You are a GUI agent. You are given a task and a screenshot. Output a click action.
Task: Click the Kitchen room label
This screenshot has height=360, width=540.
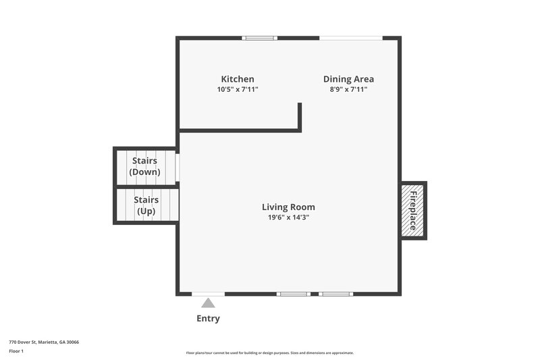(x=238, y=79)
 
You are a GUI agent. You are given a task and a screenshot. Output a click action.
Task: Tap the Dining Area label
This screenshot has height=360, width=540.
(x=348, y=79)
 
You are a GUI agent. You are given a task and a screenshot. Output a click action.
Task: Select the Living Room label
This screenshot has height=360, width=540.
(x=288, y=207)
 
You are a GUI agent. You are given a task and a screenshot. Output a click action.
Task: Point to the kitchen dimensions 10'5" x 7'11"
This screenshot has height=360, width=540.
(x=238, y=89)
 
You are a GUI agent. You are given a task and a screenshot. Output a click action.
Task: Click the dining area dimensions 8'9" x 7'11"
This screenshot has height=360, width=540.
(x=348, y=89)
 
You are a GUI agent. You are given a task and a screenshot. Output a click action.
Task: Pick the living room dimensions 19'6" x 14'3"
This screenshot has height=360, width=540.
(x=288, y=217)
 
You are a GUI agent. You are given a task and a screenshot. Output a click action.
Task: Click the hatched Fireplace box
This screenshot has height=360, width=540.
(x=413, y=209)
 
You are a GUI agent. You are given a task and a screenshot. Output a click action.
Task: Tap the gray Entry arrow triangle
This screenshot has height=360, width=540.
(x=208, y=303)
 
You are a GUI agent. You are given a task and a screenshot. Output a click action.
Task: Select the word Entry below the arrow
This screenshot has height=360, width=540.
(x=208, y=318)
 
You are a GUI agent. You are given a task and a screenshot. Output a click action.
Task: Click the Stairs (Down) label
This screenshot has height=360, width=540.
(x=145, y=166)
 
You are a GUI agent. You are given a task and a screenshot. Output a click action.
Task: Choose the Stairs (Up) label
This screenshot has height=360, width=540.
(x=146, y=205)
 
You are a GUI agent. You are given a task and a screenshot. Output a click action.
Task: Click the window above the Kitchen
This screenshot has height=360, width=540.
(x=261, y=38)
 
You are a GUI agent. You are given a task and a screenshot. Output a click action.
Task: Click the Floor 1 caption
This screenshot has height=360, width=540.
(x=16, y=351)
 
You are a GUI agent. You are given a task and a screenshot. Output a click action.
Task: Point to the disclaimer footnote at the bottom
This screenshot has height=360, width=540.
(x=269, y=353)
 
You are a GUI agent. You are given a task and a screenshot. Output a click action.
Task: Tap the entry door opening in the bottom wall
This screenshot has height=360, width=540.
(x=208, y=294)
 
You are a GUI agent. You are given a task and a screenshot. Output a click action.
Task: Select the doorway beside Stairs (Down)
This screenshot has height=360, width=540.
(x=178, y=166)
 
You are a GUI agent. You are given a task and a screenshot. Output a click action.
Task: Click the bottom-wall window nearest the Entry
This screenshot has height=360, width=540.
(x=294, y=294)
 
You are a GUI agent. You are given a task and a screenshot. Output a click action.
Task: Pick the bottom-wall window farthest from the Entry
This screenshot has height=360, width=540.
(x=335, y=294)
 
